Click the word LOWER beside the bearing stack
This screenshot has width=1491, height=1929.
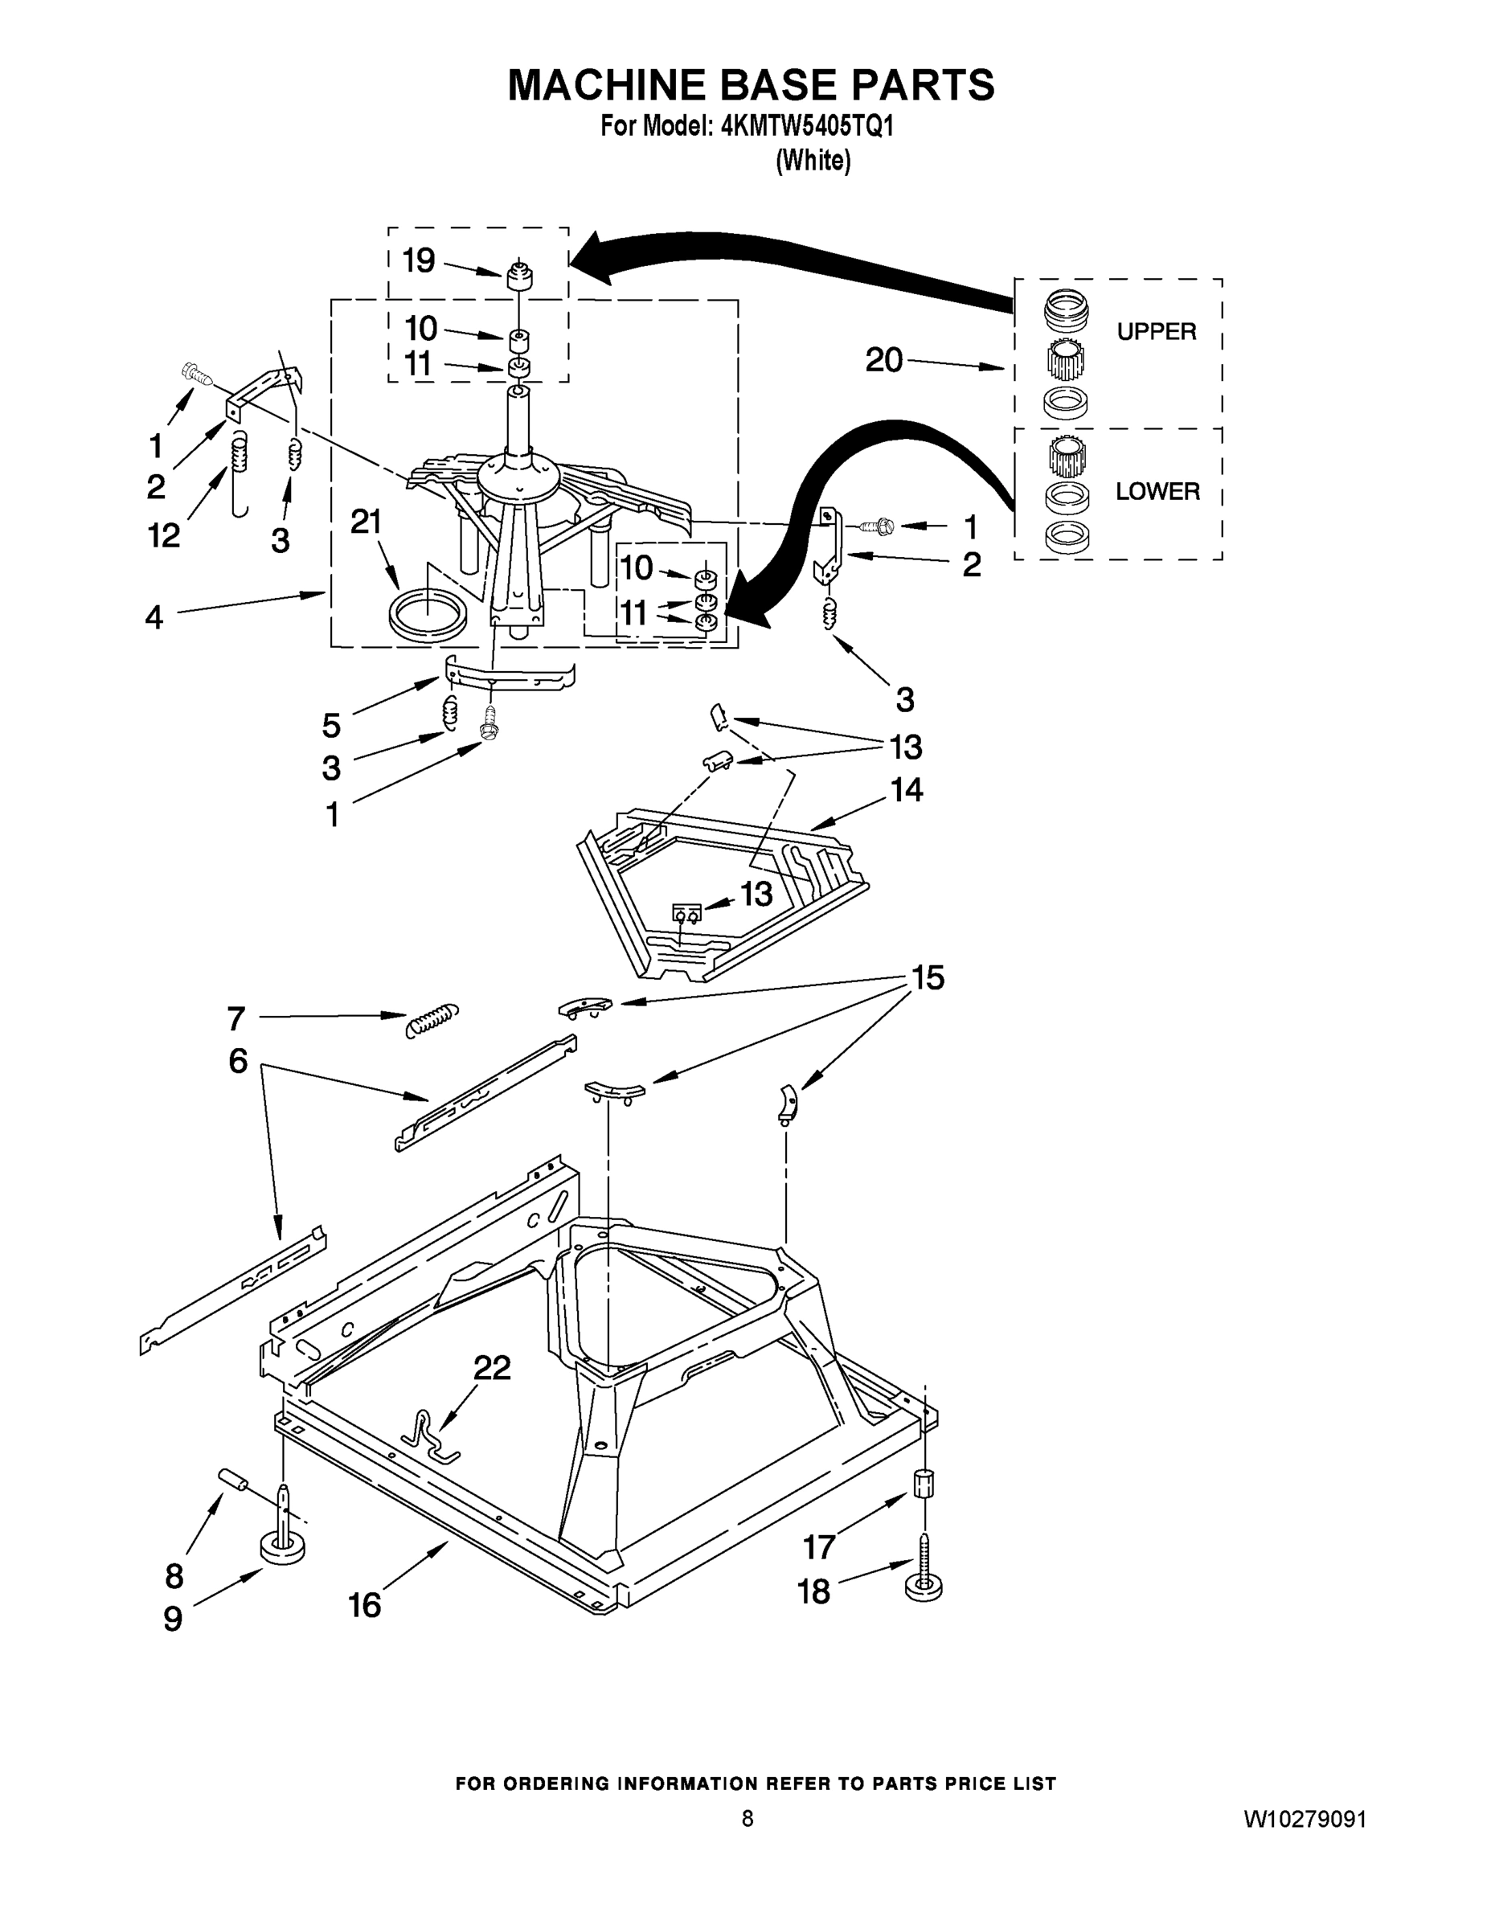tap(1157, 492)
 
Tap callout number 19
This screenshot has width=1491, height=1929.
tap(419, 260)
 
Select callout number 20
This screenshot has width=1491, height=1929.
tap(883, 360)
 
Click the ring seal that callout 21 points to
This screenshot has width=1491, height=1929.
tap(427, 616)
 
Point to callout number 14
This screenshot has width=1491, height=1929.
tap(907, 789)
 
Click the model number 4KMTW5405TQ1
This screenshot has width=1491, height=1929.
tap(807, 126)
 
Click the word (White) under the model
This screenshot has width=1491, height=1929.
tap(813, 161)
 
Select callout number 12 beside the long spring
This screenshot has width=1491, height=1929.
tap(164, 534)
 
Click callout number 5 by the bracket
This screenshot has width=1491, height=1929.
tap(330, 725)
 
